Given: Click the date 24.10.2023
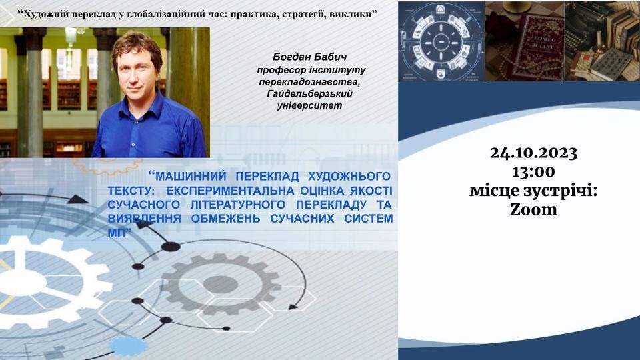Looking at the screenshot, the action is [x=533, y=153].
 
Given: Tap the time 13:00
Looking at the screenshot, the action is [x=533, y=172].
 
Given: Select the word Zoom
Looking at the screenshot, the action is [x=533, y=210].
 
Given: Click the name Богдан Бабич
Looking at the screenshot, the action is [x=310, y=57].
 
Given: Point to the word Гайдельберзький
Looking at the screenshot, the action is [x=310, y=94].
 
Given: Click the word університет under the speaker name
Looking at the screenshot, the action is [x=310, y=106].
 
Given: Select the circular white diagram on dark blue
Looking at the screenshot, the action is [x=441, y=41].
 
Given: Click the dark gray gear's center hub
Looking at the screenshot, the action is [x=221, y=284].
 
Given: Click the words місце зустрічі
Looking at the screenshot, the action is [x=533, y=191].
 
